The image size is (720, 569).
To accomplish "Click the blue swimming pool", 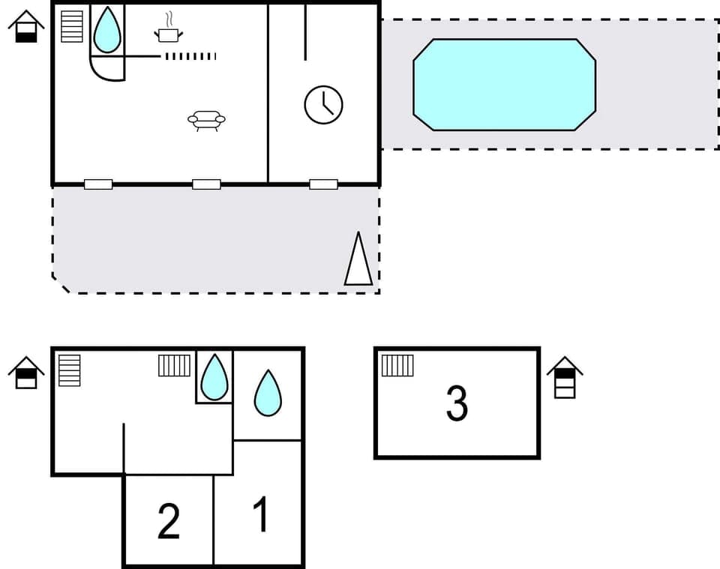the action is click(504, 85).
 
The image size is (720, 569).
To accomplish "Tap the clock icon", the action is click(323, 104).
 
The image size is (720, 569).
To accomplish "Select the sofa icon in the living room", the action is click(206, 120).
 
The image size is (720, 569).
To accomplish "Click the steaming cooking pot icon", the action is click(169, 31).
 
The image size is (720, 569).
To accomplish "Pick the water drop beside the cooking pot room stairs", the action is click(107, 31).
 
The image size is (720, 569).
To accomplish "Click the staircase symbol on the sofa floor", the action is click(72, 27).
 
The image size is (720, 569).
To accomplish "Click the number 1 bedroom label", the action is click(261, 515).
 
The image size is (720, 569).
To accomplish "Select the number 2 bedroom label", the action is click(169, 522).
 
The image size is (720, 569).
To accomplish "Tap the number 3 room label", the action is click(457, 403).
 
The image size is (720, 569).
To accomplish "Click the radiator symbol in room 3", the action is click(397, 365).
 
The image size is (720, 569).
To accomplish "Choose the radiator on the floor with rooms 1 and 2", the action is click(175, 365).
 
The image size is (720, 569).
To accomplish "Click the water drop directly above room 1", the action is click(268, 393).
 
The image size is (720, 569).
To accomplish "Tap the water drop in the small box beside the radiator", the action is click(214, 376).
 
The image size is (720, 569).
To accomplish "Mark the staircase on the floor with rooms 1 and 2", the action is click(70, 370).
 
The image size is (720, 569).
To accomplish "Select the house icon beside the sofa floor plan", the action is click(26, 26).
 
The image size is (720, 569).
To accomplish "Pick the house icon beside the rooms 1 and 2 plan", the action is click(26, 372).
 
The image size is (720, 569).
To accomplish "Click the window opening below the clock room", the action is click(323, 184).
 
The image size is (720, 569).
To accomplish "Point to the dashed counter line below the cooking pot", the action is click(190, 56).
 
